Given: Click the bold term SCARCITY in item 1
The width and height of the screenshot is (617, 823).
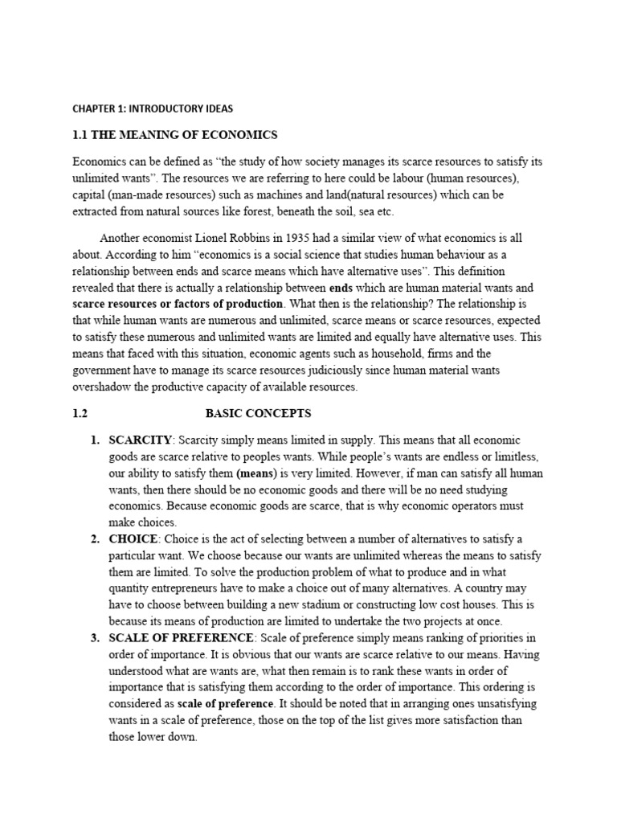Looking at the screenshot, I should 140,440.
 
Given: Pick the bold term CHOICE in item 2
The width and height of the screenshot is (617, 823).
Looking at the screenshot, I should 133,538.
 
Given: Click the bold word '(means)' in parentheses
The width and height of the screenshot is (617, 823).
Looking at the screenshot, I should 256,473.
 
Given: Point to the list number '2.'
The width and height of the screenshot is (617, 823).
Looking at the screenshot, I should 95,538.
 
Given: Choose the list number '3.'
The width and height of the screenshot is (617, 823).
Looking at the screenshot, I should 95,637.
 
